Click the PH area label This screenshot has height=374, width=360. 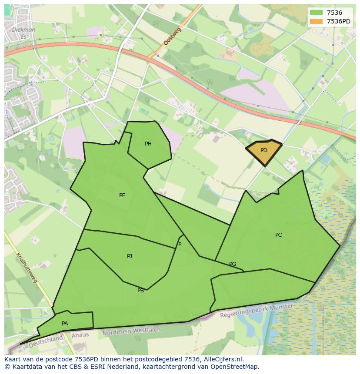148,144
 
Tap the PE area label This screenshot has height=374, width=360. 122,195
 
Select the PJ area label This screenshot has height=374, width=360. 130,256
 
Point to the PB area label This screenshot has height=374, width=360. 140,291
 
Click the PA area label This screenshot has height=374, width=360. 65,324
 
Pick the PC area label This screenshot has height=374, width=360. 278,235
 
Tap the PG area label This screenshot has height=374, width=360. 233,264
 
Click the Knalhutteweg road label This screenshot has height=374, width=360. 27,268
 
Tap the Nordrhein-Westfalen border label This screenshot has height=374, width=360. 131,331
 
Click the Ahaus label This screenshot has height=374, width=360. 80,335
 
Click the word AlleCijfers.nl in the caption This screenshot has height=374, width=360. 223,359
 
